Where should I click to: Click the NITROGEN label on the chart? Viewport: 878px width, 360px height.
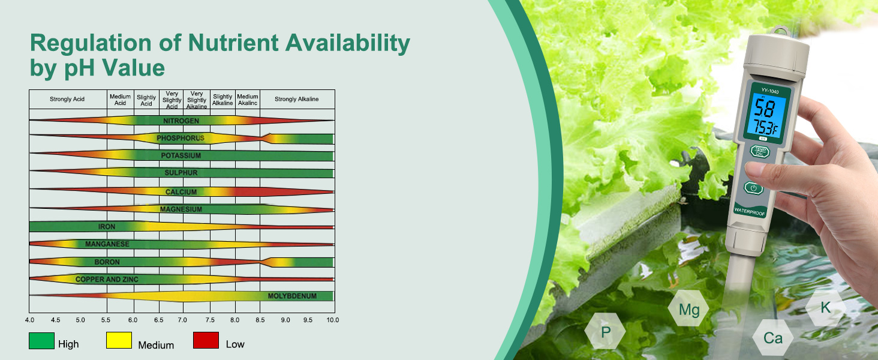[181, 121]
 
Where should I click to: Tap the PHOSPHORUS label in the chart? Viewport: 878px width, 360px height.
[181, 138]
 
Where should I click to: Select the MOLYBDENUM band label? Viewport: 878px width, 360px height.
[292, 296]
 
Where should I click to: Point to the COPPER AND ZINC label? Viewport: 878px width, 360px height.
[107, 279]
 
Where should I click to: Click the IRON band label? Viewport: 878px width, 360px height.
[107, 227]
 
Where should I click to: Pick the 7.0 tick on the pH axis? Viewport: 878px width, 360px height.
[182, 320]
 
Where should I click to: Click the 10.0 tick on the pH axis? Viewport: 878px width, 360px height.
[333, 320]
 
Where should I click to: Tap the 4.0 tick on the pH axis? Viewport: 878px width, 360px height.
[29, 320]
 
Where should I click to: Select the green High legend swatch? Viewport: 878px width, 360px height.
[41, 340]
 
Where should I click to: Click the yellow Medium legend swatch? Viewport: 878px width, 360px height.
[119, 340]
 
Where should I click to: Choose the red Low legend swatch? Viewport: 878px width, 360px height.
[206, 340]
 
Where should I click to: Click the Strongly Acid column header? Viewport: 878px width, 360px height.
[67, 99]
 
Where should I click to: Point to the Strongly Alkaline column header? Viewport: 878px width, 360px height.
[296, 99]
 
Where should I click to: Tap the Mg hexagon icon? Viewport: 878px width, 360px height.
[688, 308]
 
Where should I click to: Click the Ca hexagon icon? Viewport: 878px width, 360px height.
[773, 338]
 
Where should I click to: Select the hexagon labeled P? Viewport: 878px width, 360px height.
[605, 331]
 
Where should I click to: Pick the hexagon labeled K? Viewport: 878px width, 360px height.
[825, 307]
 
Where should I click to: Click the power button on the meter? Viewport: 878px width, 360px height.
[753, 188]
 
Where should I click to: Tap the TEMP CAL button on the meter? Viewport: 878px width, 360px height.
[760, 151]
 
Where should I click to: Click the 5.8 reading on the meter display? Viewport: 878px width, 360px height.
[764, 108]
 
